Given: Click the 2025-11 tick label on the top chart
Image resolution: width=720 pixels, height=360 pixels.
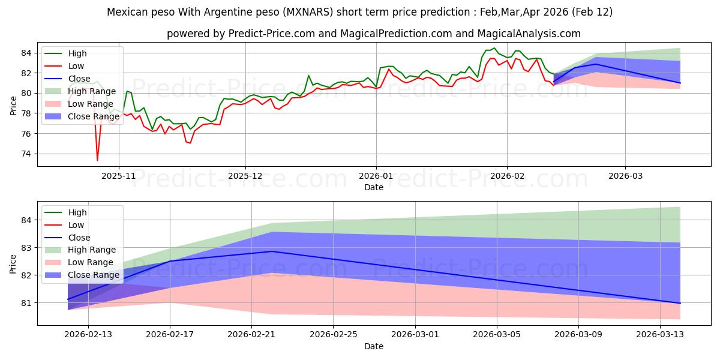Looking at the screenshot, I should click(119, 176).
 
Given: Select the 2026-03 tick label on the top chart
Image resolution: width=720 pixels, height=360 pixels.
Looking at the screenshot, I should click(625, 176).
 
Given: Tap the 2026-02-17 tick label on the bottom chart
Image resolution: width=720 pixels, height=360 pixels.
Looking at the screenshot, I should click(170, 335).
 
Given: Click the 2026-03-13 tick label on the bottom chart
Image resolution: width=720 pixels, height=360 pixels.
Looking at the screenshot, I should click(661, 335).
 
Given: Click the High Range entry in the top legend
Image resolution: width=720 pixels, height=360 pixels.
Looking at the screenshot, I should click(90, 91).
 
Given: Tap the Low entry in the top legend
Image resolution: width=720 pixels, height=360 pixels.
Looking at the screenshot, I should click(76, 66).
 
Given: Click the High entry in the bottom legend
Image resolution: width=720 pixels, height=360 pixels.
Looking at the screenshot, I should click(77, 212).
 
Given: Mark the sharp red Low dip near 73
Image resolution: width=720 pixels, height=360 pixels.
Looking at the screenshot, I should click(97, 160).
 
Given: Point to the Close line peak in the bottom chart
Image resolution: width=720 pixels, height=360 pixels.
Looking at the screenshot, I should click(272, 251).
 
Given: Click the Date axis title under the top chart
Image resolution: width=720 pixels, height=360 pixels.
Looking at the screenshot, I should click(373, 187).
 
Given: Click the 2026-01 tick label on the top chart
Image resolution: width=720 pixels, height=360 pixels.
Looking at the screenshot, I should click(376, 176).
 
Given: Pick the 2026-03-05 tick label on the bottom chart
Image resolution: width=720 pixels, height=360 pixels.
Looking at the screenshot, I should click(497, 335).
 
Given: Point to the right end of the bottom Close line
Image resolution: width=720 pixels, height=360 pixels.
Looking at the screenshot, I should click(680, 303).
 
